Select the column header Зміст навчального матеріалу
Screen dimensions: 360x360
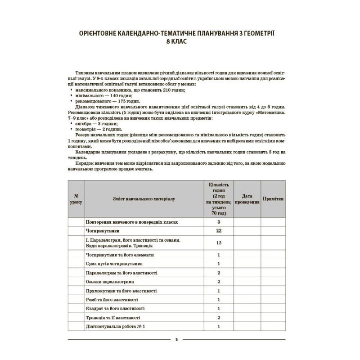130,198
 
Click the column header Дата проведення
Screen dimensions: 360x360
247,198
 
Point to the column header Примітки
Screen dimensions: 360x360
273,198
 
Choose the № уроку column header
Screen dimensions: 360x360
76,198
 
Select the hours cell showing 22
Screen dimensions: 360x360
219,231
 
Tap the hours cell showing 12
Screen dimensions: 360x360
219,243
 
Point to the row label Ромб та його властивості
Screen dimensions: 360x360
112,300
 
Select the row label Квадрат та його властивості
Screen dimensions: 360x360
115,309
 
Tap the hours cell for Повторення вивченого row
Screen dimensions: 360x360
219,222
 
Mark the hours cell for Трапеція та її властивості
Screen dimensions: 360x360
219,318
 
